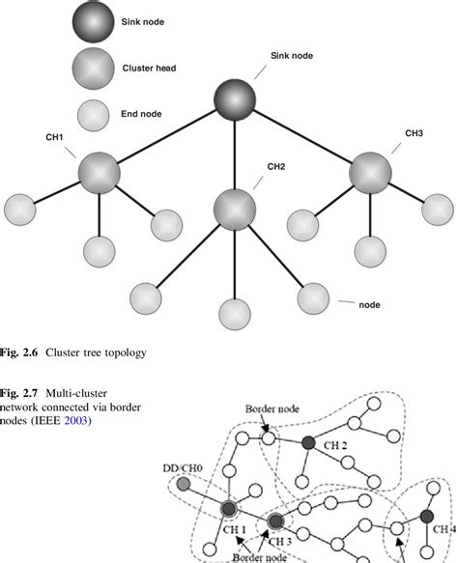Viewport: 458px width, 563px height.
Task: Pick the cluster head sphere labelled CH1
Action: point(100,173)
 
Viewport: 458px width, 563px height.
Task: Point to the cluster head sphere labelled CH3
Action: point(369,173)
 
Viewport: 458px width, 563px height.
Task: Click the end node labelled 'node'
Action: point(316,298)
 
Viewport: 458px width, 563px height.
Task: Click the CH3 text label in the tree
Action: point(415,132)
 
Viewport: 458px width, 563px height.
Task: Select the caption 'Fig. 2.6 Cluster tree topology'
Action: point(73,353)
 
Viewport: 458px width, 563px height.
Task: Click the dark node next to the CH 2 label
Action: point(308,443)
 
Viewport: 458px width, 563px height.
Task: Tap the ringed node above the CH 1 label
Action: point(229,509)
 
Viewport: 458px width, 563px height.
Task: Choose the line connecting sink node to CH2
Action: point(234,155)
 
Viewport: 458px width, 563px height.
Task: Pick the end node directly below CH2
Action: point(234,312)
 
